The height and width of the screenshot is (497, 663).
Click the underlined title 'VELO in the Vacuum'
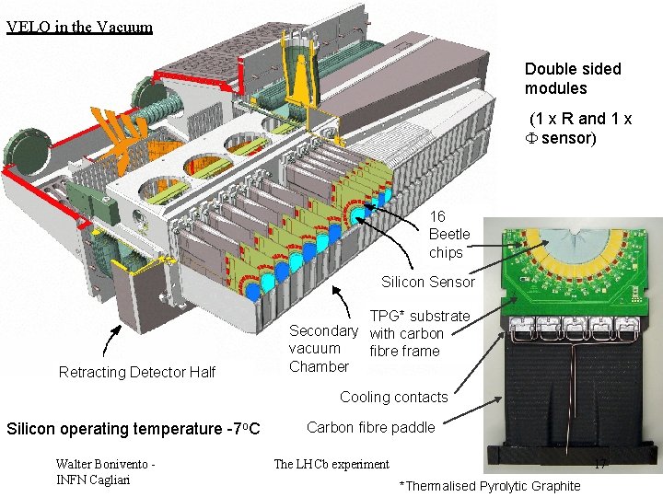79,27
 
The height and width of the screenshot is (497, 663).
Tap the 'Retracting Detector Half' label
137,372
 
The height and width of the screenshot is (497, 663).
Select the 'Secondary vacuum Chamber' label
323,348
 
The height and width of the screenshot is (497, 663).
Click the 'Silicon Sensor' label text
428,282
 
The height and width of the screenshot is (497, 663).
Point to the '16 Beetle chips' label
449,234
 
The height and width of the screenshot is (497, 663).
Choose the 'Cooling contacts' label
394,397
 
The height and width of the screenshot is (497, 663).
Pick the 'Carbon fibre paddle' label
371,427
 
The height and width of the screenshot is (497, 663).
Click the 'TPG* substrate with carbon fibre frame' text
420,333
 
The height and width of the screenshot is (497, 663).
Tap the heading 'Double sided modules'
573,78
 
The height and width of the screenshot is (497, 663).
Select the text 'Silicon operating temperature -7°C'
134,429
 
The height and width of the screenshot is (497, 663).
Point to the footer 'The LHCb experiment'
331,464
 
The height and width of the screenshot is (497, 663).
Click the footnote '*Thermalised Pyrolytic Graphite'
490,486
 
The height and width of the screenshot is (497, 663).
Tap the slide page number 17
600,464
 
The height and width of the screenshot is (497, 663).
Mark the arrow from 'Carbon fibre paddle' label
472,410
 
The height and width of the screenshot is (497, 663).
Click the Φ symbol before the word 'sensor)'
531,138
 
